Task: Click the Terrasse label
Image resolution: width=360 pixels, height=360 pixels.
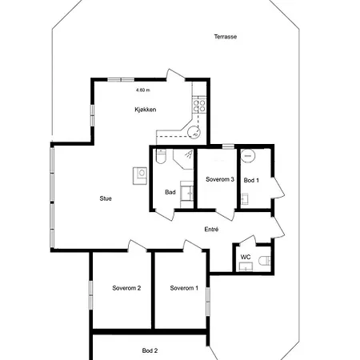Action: click(226, 37)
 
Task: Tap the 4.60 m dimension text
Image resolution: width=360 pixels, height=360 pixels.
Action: click(143, 90)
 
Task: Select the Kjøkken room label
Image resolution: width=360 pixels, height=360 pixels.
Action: click(146, 110)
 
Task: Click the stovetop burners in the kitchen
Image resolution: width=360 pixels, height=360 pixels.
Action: click(199, 106)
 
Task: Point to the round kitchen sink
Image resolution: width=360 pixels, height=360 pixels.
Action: click(194, 132)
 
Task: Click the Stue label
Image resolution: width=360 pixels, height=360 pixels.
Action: click(106, 198)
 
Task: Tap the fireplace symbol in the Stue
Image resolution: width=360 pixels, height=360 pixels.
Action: click(140, 176)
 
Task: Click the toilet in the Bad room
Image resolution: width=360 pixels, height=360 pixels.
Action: click(161, 157)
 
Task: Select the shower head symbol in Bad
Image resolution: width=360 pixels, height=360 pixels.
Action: click(189, 154)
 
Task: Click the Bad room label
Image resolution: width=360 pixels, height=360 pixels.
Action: click(170, 192)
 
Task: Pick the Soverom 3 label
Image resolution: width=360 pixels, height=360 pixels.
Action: click(220, 179)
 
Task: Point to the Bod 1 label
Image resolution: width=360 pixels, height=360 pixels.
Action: click(251, 181)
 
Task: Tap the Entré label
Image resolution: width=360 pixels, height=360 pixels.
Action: click(211, 229)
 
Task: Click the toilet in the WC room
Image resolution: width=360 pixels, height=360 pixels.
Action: click(265, 261)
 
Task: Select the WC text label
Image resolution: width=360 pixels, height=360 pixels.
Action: click(246, 257)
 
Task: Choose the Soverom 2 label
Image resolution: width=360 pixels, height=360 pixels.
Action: click(126, 288)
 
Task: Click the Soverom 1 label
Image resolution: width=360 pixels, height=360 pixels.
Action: click(184, 288)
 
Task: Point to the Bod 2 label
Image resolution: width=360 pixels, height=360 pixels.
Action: click(150, 350)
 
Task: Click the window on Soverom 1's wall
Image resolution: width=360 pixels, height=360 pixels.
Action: click(208, 302)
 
